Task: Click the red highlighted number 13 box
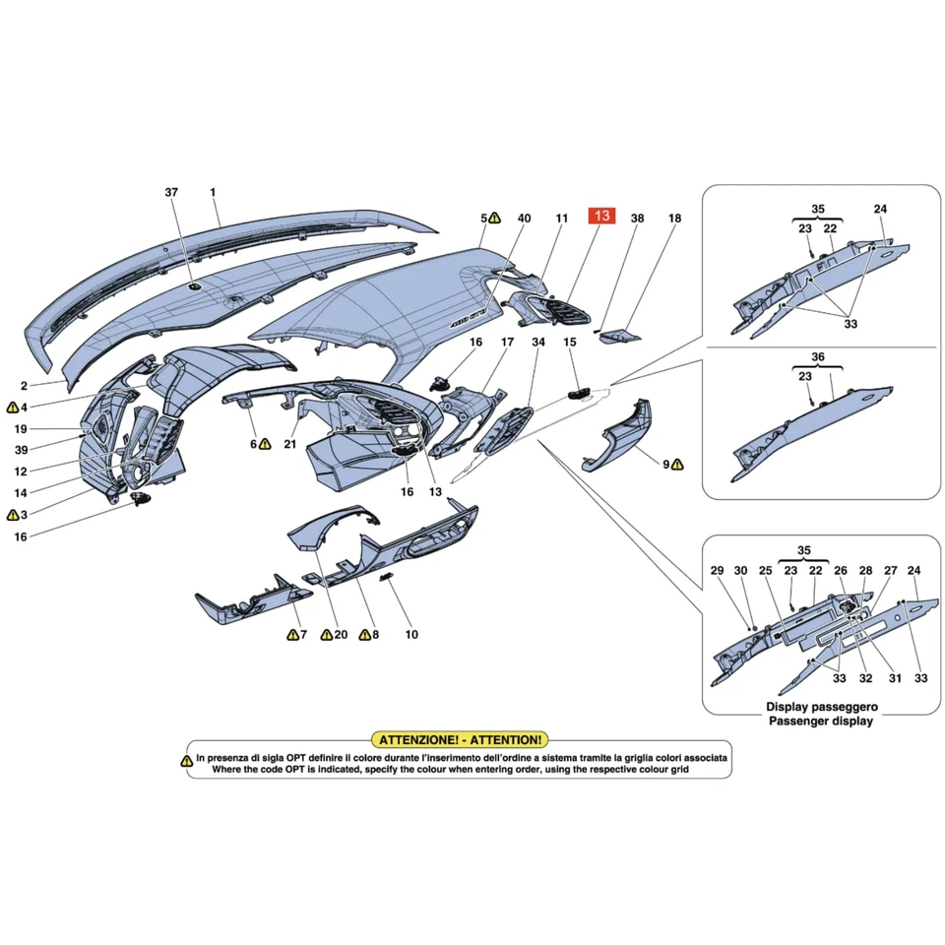pyautogui.click(x=602, y=217)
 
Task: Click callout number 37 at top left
pyautogui.click(x=172, y=192)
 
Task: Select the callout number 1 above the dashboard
pyautogui.click(x=213, y=192)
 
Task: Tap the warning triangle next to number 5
pyautogui.click(x=495, y=218)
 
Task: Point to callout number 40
pyautogui.click(x=524, y=218)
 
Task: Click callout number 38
pyautogui.click(x=637, y=218)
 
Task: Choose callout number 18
pyautogui.click(x=674, y=218)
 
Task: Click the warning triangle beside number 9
pyautogui.click(x=677, y=464)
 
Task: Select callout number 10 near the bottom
pyautogui.click(x=411, y=635)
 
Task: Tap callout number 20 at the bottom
pyautogui.click(x=341, y=635)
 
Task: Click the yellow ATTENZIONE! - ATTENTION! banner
pyautogui.click(x=458, y=738)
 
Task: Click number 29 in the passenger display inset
pyautogui.click(x=717, y=570)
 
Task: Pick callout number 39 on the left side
pyautogui.click(x=21, y=450)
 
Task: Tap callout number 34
pyautogui.click(x=537, y=343)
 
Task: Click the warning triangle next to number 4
pyautogui.click(x=12, y=407)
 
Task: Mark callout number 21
pyautogui.click(x=290, y=445)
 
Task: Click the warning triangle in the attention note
pyautogui.click(x=186, y=760)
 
